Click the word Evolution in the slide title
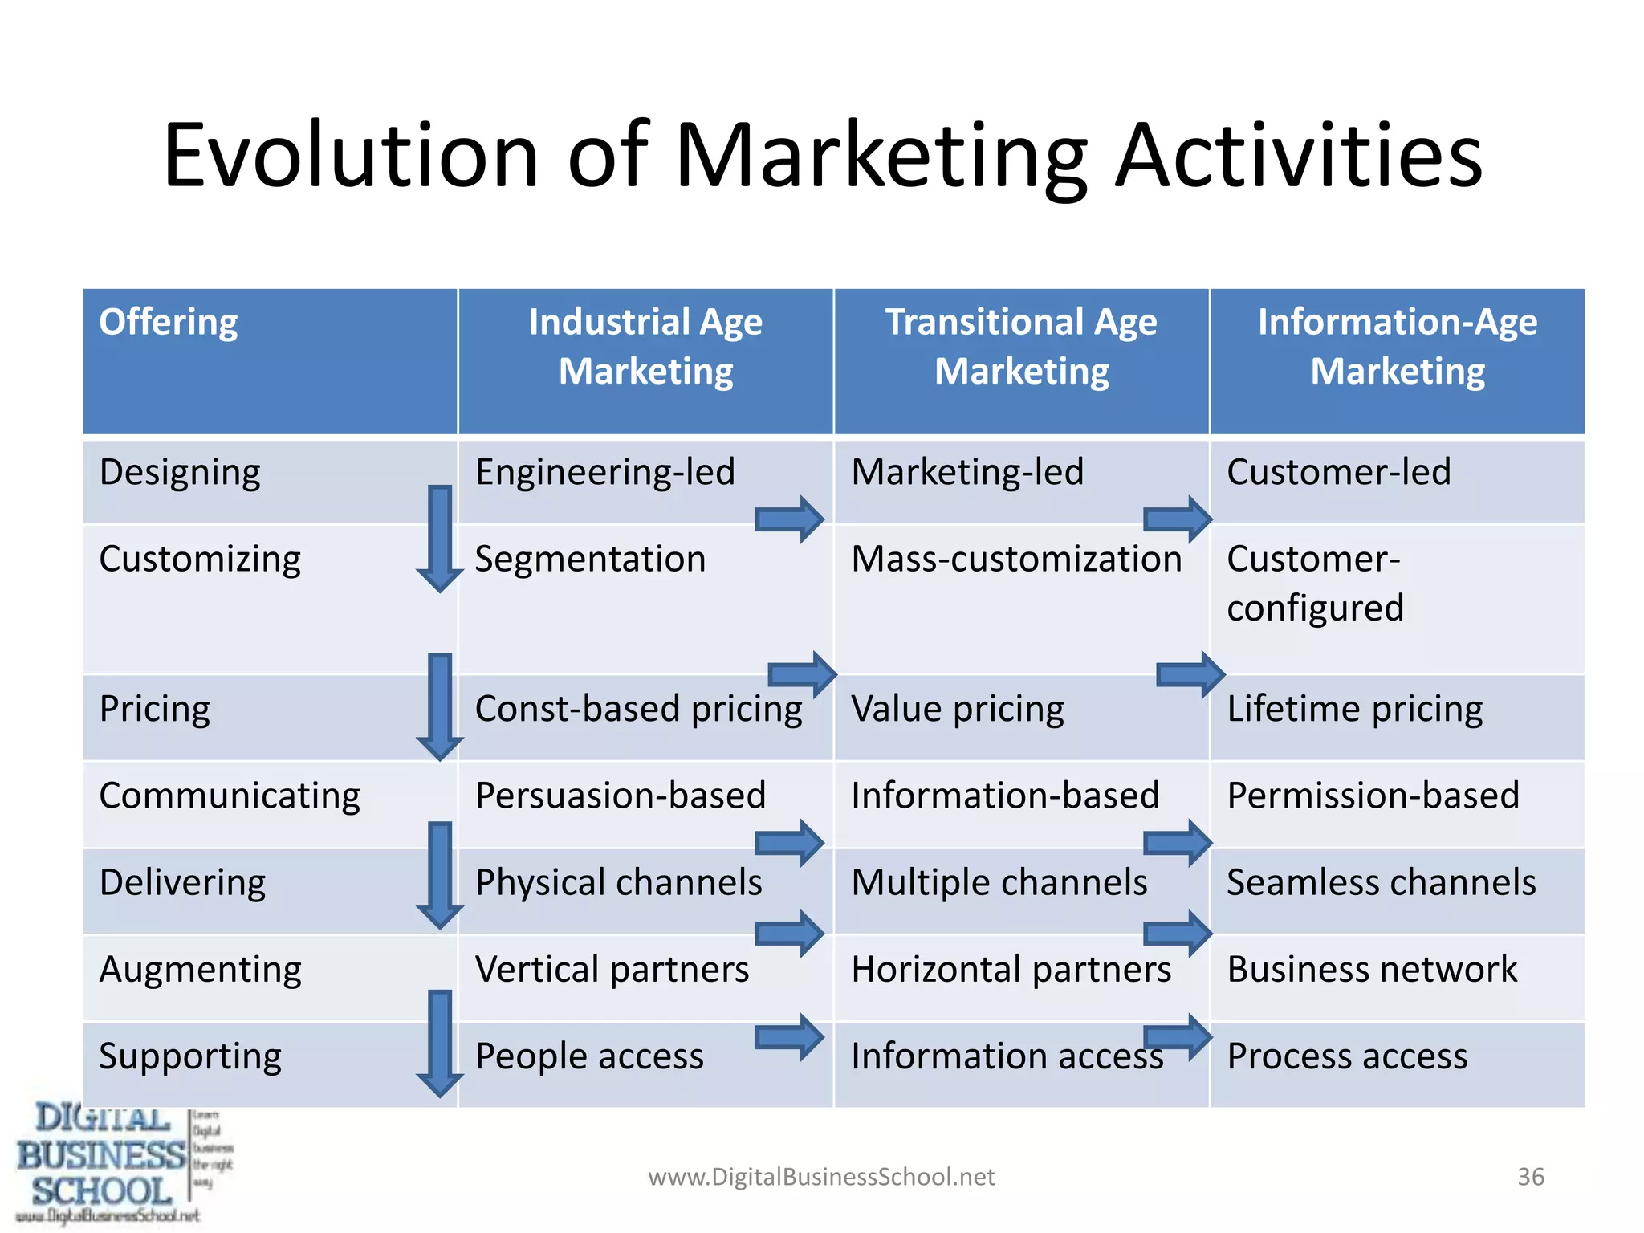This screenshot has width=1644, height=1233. click(x=351, y=156)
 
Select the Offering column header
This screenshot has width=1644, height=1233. click(x=169, y=323)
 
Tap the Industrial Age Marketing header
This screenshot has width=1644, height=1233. click(x=645, y=346)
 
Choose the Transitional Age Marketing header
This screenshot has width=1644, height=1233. click(x=1021, y=346)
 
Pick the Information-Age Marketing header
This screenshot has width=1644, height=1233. click(x=1397, y=346)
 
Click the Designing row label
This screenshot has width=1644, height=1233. click(x=180, y=473)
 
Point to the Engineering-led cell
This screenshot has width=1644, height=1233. click(x=604, y=472)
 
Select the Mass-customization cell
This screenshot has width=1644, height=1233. click(x=1016, y=559)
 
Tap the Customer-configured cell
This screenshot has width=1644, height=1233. click(x=1315, y=584)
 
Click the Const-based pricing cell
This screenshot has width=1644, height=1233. click(x=638, y=710)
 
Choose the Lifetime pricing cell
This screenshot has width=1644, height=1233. click(x=1354, y=710)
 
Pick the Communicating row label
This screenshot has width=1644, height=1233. click(x=230, y=796)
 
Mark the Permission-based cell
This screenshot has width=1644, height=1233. click(x=1373, y=796)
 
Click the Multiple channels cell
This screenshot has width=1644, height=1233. click(x=999, y=882)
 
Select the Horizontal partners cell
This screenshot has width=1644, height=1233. click(x=1011, y=969)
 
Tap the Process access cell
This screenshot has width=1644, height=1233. click(x=1347, y=1056)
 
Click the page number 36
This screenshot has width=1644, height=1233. click(x=1530, y=1177)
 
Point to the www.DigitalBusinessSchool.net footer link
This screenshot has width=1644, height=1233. click(x=821, y=1177)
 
